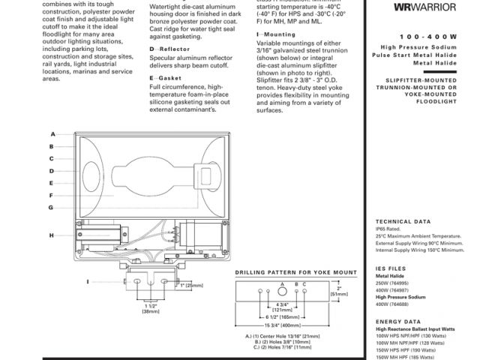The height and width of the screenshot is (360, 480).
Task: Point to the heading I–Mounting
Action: click(275, 34)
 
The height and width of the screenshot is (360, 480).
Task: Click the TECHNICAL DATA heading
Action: click(403, 222)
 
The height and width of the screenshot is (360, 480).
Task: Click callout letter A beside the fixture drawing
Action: click(52, 135)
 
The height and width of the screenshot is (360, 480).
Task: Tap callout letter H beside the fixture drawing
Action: click(52, 235)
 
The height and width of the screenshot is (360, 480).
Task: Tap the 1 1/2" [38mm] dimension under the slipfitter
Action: click(149, 307)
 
